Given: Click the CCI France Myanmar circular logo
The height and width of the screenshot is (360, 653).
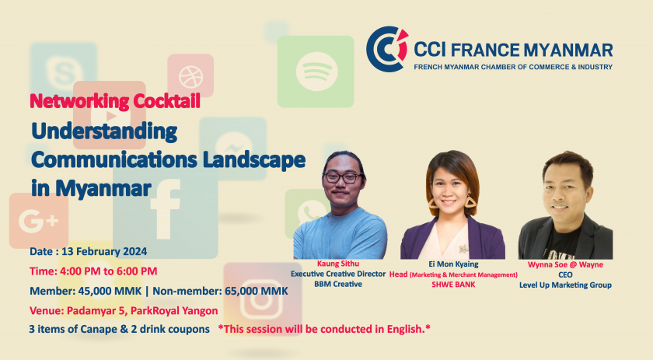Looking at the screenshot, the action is point(387,49).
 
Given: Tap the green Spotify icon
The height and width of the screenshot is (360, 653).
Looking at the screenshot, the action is point(316,72).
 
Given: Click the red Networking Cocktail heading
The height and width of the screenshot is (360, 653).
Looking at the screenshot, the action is point(115,101).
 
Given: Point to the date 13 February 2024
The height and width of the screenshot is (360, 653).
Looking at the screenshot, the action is point(104,252).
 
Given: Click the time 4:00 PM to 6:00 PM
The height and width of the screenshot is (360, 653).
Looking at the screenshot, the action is point(108,271).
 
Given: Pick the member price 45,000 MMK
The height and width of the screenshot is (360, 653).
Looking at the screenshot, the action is point(110,291).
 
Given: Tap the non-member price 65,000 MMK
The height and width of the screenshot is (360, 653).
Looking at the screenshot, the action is point(256,291).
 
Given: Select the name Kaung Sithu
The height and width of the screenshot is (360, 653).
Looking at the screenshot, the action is point(337,264).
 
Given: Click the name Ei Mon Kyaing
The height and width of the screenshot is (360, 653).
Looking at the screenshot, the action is point(453,264).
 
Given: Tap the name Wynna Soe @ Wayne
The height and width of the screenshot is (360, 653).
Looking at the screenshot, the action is point(565,264).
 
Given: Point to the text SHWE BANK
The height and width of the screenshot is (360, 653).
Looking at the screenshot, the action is point(453,285).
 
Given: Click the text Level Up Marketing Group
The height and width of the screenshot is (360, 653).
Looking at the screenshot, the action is point(565,285).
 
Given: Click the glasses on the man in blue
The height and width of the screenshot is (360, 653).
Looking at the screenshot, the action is point(342,178).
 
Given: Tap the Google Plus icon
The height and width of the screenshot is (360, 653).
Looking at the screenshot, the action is point(39,221).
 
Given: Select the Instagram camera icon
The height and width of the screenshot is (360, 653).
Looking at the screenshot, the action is point(263,299).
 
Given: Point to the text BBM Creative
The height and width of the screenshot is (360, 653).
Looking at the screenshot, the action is point(338,284).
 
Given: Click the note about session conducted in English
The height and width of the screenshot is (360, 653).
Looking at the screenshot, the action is point(324,329).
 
